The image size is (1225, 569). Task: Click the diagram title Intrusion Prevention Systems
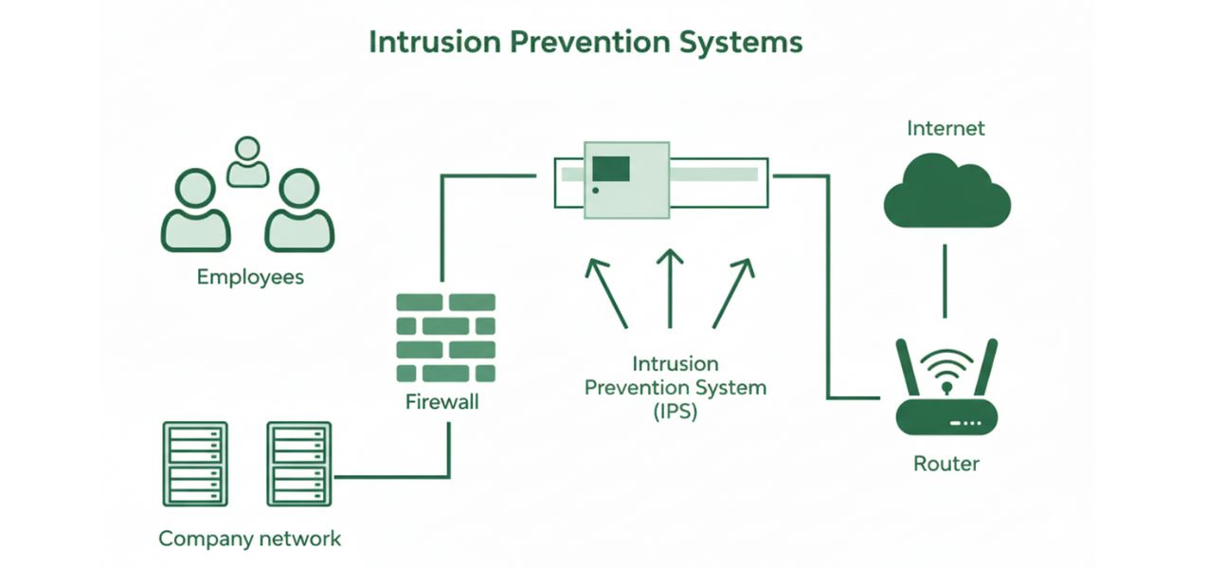click(585, 43)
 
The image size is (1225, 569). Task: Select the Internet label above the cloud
click(946, 128)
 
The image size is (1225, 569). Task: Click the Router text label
click(946, 464)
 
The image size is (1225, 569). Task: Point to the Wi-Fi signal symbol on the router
click(946, 368)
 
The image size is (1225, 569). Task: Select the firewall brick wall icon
click(445, 338)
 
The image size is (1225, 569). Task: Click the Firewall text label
click(442, 401)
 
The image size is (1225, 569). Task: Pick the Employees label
click(250, 277)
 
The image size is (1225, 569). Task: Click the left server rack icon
click(194, 465)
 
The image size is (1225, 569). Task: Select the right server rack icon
click(299, 465)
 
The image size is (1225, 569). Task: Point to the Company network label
click(249, 539)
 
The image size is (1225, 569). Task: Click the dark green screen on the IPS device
click(611, 169)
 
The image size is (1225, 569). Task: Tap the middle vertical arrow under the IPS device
click(670, 289)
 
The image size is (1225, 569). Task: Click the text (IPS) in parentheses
click(675, 413)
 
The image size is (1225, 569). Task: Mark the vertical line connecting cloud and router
click(944, 282)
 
